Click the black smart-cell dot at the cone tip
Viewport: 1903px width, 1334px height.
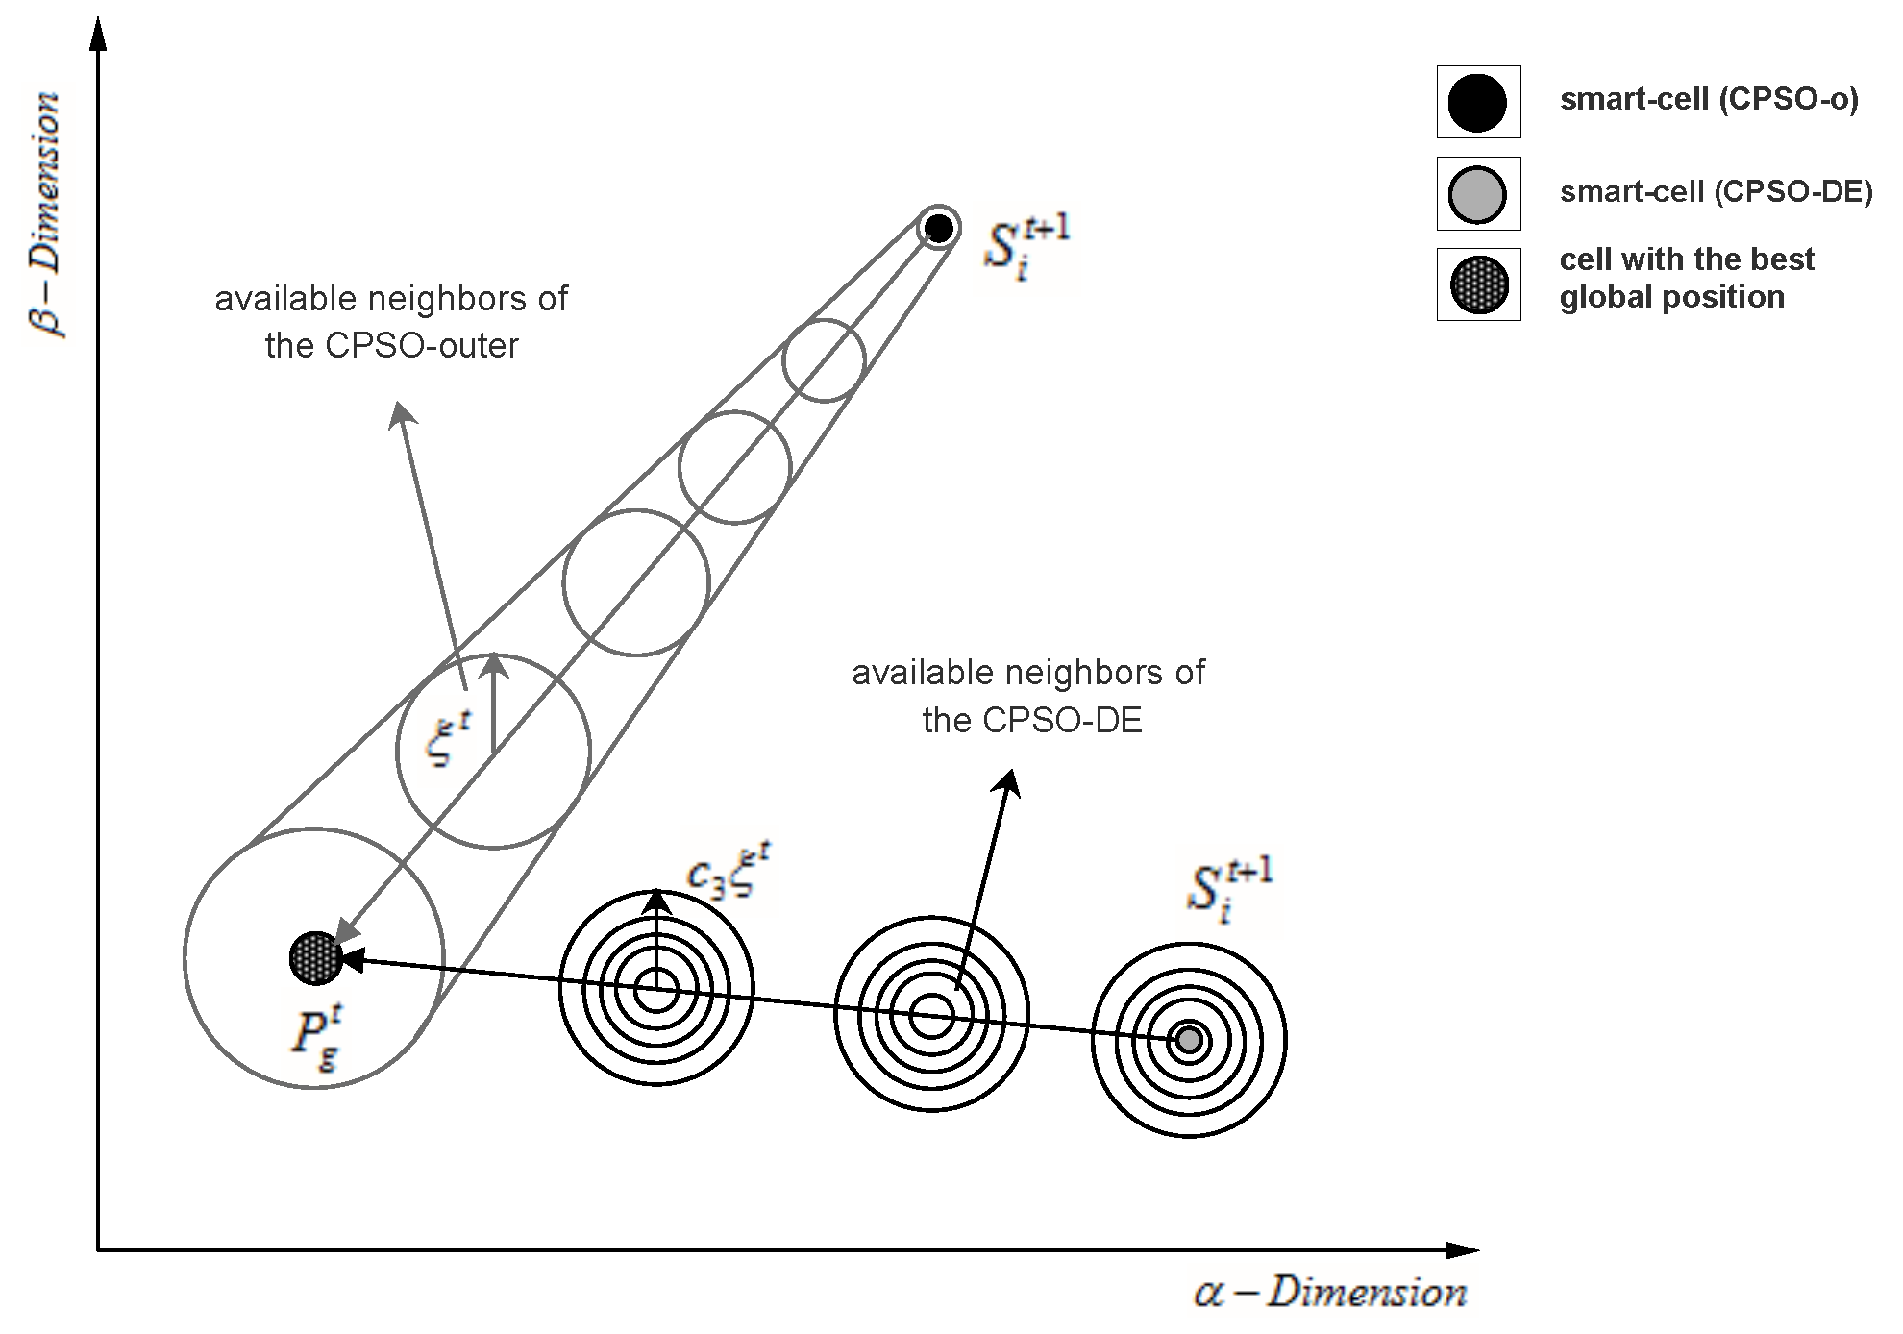pos(938,229)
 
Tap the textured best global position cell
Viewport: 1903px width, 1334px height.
pos(315,958)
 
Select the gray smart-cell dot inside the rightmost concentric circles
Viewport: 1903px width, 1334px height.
pos(1189,1040)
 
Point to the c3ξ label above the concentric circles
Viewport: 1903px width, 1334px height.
pos(729,872)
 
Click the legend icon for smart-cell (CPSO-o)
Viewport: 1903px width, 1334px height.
pos(1477,102)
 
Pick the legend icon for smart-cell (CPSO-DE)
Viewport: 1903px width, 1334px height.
pos(1477,193)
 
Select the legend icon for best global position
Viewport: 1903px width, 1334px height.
pos(1477,284)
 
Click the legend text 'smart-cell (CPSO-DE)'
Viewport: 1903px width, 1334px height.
pos(1716,192)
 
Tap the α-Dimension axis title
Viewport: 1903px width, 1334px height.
pos(1331,1293)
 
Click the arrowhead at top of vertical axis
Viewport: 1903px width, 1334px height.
pos(97,34)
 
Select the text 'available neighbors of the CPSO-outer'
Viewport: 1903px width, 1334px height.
pos(391,322)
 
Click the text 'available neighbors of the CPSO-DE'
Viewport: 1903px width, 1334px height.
pos(1028,696)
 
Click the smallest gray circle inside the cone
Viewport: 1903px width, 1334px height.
pos(824,360)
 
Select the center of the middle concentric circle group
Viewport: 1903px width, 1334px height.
pos(931,1016)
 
